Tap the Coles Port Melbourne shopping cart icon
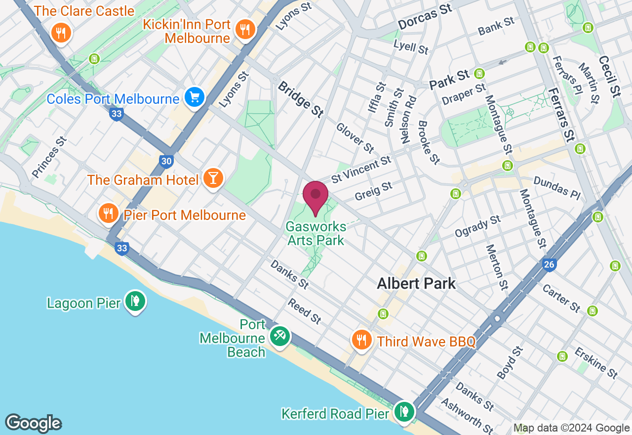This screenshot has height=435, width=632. point(195,97)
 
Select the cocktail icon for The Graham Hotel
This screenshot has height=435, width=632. point(213,178)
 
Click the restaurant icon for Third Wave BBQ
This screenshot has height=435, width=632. point(362,340)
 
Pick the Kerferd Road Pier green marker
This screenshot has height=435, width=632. point(404,411)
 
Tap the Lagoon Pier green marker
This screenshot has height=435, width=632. point(134,301)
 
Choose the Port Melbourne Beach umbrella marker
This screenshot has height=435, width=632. point(280,336)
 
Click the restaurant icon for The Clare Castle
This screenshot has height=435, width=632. point(61,33)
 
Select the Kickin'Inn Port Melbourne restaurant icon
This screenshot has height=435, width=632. point(244,29)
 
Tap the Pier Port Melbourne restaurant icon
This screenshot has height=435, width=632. point(107,213)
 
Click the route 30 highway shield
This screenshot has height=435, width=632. point(166,161)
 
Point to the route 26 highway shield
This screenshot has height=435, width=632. point(549,265)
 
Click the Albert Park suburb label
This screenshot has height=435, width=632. point(416,283)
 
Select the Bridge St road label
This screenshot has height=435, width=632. point(300,99)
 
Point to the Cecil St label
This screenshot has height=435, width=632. point(609,76)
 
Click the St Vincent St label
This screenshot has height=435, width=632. point(361,169)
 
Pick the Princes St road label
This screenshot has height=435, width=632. point(49,157)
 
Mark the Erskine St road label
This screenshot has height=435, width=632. point(595,362)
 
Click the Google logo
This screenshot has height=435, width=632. point(33,423)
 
